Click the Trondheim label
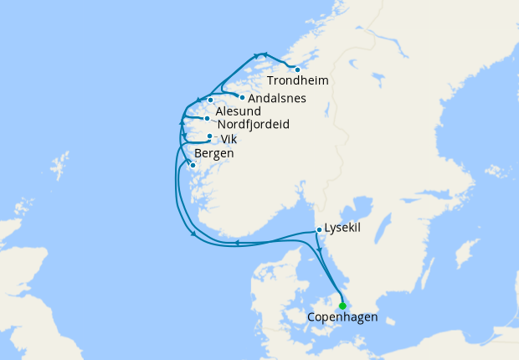[x=297, y=81]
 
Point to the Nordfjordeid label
[x=253, y=125]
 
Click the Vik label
[x=229, y=140]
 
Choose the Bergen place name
[x=213, y=154]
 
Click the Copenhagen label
[x=342, y=317]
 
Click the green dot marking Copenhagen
[x=342, y=306]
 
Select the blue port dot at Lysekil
[x=319, y=229]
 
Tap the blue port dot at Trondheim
[x=297, y=69]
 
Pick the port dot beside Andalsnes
[x=242, y=97]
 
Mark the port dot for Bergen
[x=193, y=166]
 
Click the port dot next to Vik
[x=209, y=136]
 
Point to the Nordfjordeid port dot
[x=207, y=119]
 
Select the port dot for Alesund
[x=211, y=100]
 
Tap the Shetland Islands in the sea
[x=59, y=166]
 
